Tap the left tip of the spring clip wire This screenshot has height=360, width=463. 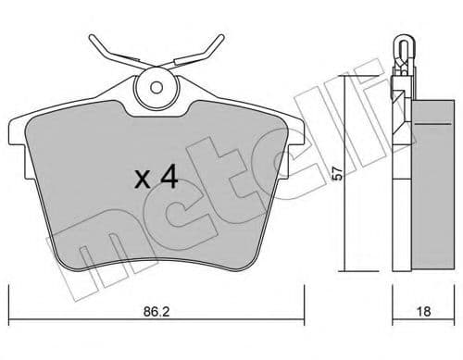click(x=92, y=40)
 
